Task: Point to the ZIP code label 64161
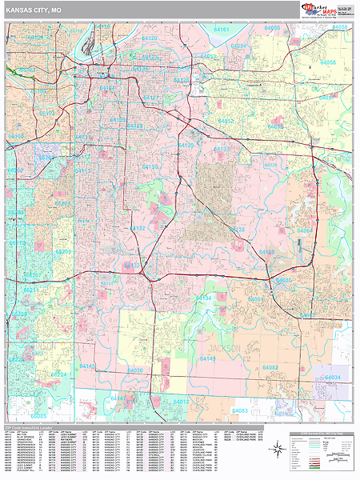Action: [221, 30]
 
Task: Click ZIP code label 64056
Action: [329, 62]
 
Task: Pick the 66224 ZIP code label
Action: [60, 374]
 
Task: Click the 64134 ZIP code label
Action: [203, 298]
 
